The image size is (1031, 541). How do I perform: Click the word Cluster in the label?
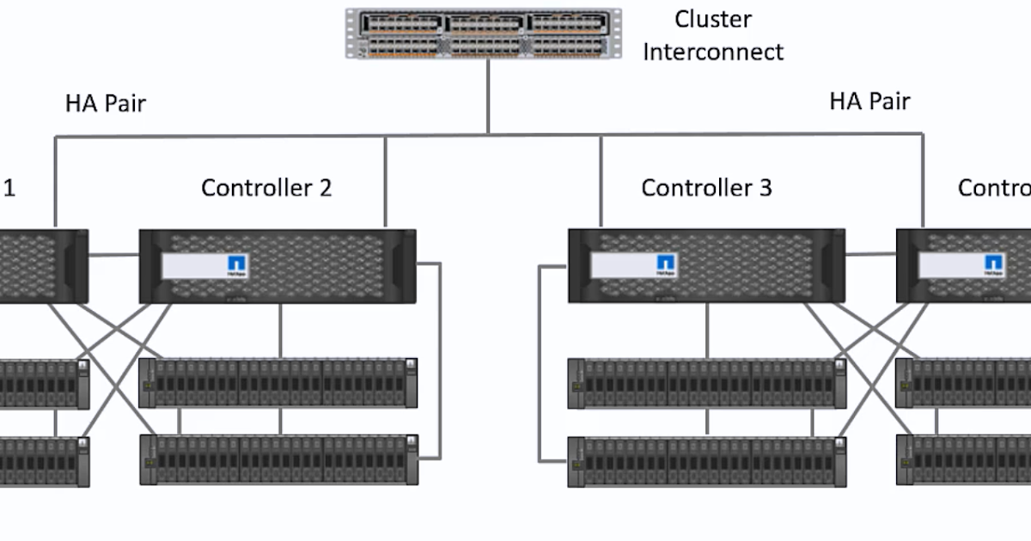tap(712, 19)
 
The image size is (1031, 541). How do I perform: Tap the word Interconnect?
tap(713, 52)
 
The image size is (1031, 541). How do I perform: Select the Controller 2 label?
tap(266, 187)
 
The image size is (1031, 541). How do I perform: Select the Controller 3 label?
tap(706, 187)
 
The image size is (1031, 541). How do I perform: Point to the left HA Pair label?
tap(106, 104)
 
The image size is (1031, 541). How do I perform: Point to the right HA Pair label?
tap(869, 101)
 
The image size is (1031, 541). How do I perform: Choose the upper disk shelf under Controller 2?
tap(278, 383)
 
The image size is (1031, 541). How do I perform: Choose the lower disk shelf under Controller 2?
tap(278, 460)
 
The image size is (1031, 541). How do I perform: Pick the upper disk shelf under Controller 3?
tap(706, 383)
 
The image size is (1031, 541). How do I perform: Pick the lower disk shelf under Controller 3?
tap(706, 462)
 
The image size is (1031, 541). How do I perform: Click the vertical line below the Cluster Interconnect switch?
tap(488, 94)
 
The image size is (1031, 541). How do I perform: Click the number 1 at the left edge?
tap(9, 187)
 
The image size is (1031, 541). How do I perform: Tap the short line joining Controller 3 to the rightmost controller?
tap(870, 253)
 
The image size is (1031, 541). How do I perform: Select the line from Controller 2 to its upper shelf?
tap(280, 331)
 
